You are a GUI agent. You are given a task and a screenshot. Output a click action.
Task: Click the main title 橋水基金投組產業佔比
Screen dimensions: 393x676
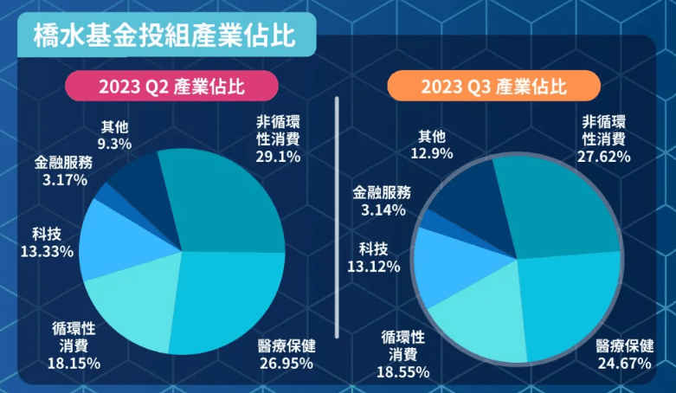pos(164,35)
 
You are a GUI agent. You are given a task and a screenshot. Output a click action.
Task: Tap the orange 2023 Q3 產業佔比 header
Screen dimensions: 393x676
pos(494,87)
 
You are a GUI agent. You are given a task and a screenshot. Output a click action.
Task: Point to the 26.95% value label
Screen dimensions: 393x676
pos(286,363)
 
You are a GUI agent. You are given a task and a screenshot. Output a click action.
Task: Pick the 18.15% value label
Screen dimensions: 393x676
pos(74,363)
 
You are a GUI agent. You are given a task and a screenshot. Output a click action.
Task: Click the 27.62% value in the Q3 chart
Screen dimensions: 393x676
pos(603,157)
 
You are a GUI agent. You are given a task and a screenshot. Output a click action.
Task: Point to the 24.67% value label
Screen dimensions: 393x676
pos(624,363)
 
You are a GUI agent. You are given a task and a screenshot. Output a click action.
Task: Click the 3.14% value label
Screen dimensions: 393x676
pos(380,209)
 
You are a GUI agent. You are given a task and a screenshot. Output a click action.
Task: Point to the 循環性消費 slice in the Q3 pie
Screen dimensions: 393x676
pos(472,316)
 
